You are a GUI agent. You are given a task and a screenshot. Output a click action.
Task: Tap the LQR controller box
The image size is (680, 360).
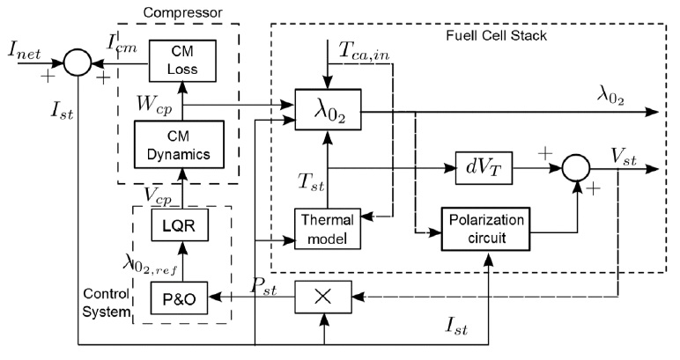pos(177,226)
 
